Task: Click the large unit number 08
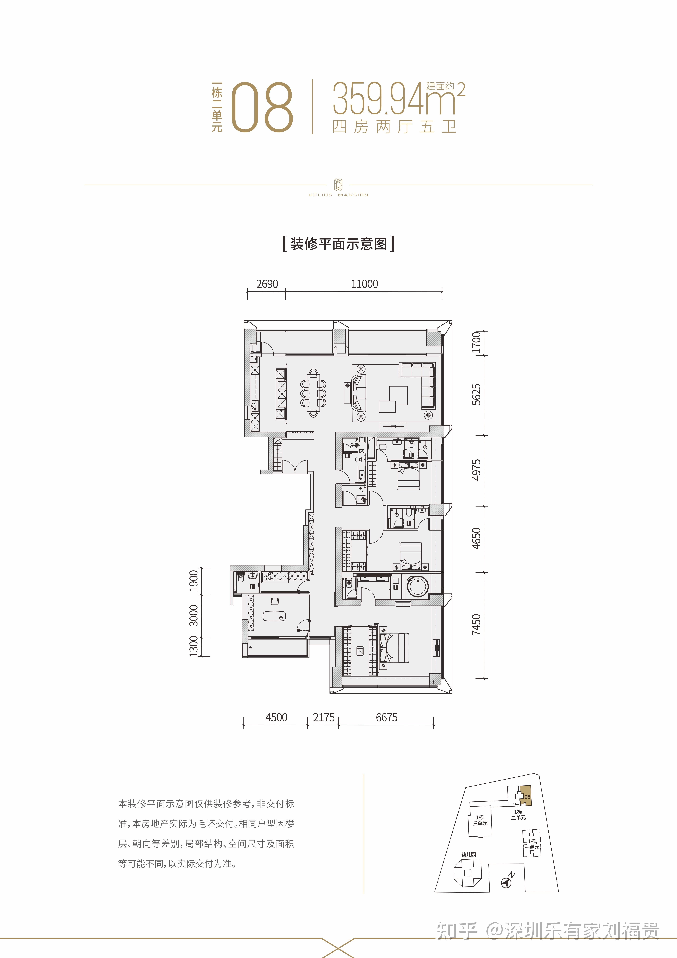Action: (262, 108)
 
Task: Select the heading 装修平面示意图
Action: (339, 244)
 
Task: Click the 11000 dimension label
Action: (365, 284)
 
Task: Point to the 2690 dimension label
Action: (267, 284)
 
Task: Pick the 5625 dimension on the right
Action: (476, 394)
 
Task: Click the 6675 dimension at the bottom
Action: (387, 718)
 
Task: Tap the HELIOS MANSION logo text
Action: (338, 195)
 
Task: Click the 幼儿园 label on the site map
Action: (468, 854)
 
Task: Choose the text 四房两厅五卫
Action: (395, 126)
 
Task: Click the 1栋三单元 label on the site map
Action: (480, 820)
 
